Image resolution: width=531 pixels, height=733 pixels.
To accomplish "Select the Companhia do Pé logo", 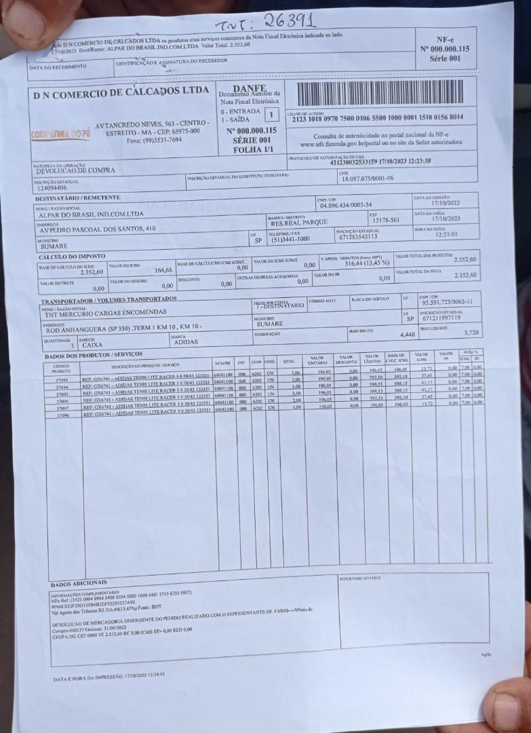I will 60,134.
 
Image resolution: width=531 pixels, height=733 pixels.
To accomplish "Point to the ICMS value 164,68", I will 163,270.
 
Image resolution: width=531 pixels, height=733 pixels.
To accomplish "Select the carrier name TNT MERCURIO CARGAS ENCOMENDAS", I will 104,313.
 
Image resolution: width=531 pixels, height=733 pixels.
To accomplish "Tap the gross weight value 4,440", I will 407,335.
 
